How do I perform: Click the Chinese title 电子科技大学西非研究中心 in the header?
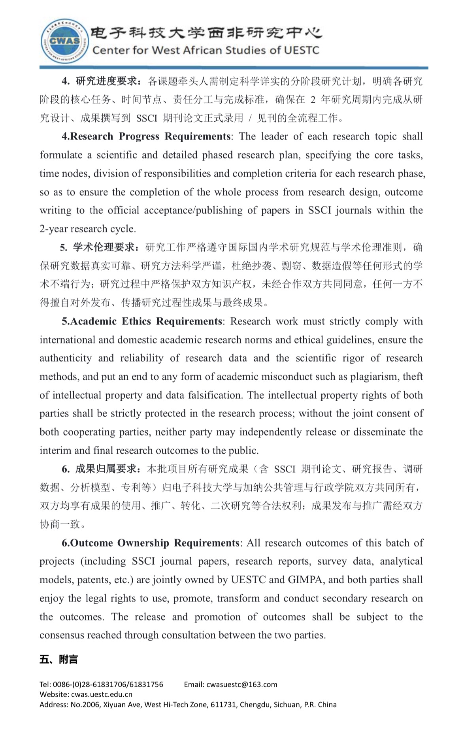(206, 33)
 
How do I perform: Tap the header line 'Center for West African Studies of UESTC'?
(206, 50)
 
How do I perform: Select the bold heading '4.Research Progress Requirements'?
(146, 136)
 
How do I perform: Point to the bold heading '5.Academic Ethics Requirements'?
(142, 321)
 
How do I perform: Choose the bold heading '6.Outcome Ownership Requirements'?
(150, 543)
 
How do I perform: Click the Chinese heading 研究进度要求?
(107, 81)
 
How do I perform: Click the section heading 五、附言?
(58, 660)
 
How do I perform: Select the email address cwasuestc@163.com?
(241, 684)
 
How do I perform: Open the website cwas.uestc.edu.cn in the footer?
(102, 694)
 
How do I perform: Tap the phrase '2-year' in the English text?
(54, 229)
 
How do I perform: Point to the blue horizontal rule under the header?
(233, 68)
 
